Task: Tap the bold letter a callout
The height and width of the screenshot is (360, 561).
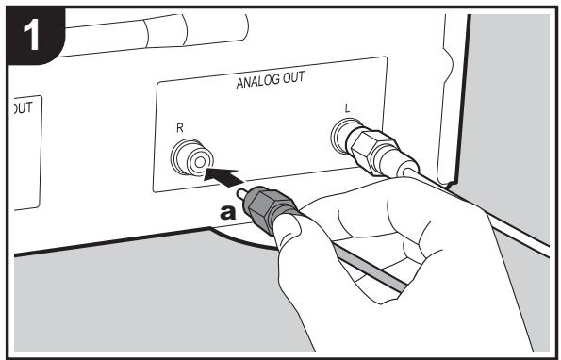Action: pos(227,213)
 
